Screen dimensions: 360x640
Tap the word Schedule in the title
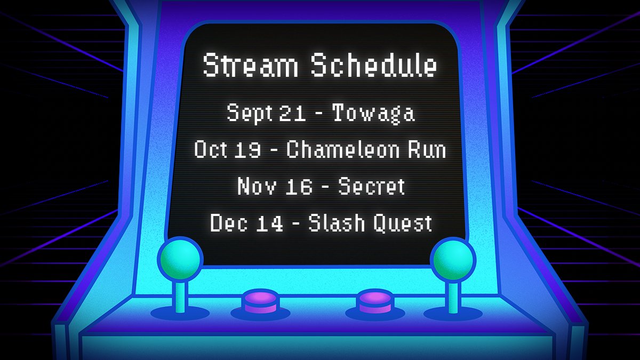point(374,66)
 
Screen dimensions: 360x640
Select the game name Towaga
point(374,113)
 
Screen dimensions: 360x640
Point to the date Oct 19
point(228,150)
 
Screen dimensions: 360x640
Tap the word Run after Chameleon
point(429,150)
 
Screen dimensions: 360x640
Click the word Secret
point(372,186)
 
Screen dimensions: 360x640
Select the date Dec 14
point(246,222)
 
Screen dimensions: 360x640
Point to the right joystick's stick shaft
point(453,296)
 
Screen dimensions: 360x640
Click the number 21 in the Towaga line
point(291,113)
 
